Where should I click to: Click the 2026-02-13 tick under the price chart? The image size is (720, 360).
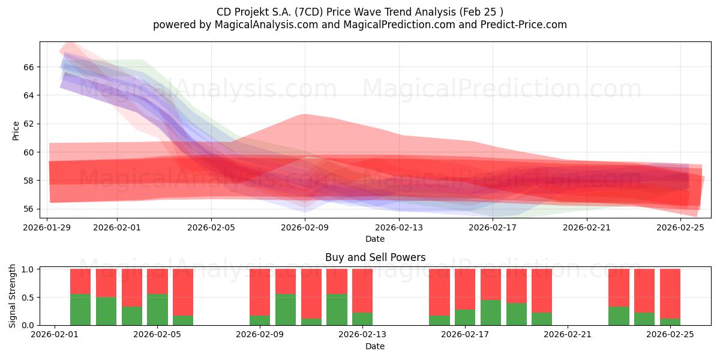pos(399,227)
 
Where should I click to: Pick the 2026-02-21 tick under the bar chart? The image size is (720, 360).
pos(568,335)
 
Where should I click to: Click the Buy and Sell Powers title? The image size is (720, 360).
pos(375,257)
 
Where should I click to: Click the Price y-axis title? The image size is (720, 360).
pos(16,130)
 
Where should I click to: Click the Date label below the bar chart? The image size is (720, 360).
pos(375,346)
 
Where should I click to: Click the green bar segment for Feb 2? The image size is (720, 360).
pos(80,310)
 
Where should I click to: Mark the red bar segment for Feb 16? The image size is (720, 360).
pos(439,292)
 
